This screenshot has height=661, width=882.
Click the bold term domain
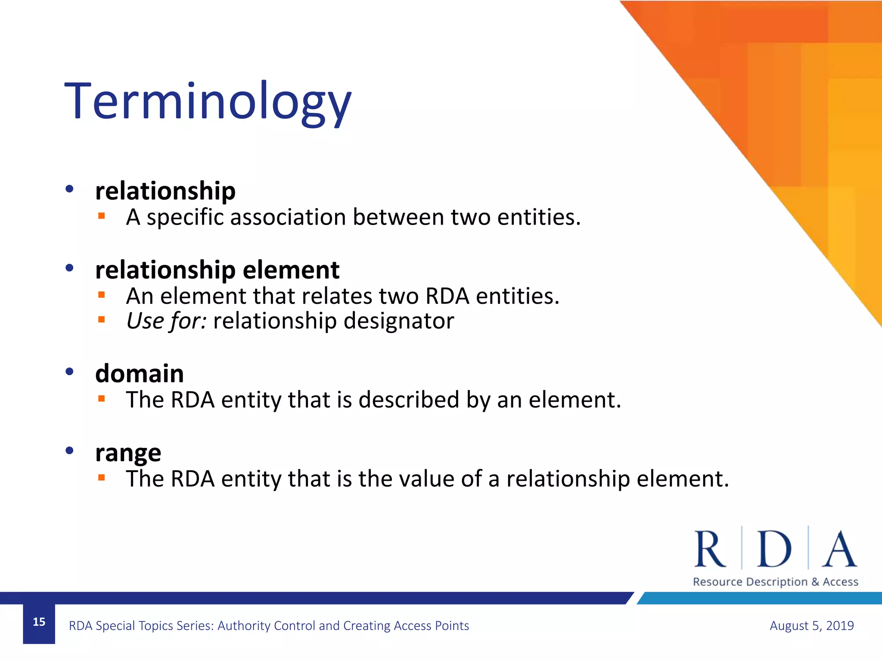pyautogui.click(x=139, y=374)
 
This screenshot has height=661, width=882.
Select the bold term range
pyautogui.click(x=128, y=453)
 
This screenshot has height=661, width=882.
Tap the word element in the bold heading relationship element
pyautogui.click(x=291, y=270)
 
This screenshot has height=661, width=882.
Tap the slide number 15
pyautogui.click(x=39, y=622)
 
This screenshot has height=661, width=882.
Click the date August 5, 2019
pyautogui.click(x=811, y=625)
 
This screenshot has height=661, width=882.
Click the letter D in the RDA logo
pyautogui.click(x=774, y=549)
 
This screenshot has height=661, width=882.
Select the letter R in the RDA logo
pyautogui.click(x=710, y=549)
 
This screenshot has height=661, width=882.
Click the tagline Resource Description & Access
pyautogui.click(x=775, y=582)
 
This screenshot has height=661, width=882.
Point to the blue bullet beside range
pyautogui.click(x=69, y=451)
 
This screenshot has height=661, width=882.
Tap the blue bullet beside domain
pyautogui.click(x=69, y=371)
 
